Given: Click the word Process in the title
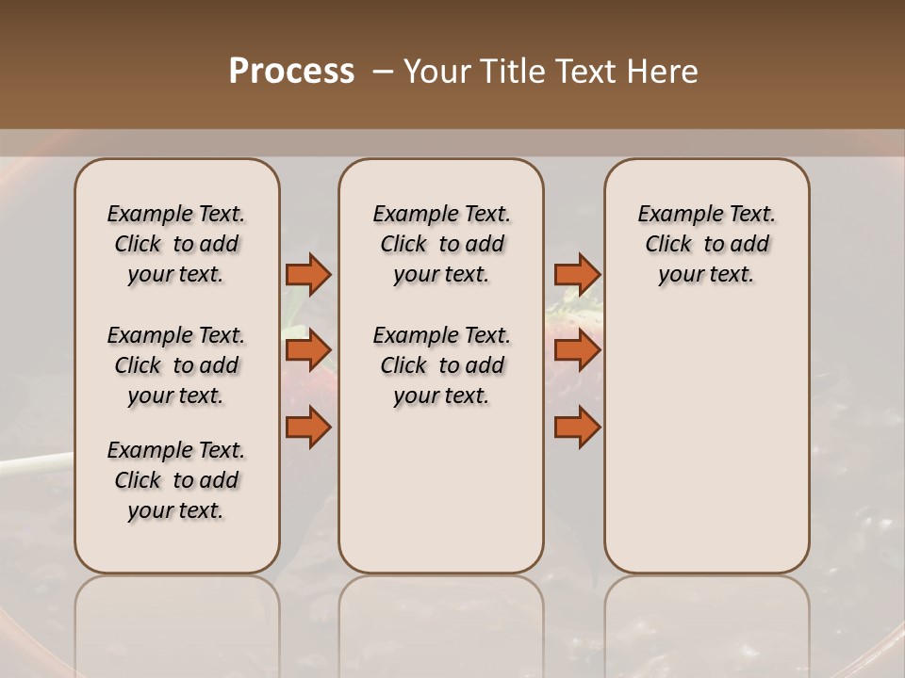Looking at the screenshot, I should coord(291,72).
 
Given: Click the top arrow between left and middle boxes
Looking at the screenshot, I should coord(308,274).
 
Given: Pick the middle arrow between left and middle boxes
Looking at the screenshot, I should coord(308,350).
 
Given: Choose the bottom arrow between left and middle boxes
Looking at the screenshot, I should coord(308,427).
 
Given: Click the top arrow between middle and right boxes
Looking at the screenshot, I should coord(577,274).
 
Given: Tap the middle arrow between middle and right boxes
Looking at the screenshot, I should coord(577,350).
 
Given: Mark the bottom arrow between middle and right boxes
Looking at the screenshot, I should coord(577,427).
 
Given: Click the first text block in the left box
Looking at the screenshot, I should coord(176,244).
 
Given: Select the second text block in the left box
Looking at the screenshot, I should coord(176,365).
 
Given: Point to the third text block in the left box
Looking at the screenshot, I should coord(176,480).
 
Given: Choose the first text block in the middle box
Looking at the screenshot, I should coord(441,244).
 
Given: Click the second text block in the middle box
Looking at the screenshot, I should coord(441,365).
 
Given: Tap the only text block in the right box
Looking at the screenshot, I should coord(706,244).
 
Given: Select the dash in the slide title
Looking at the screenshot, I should coord(383,72).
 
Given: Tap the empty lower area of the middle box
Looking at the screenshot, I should coord(441,490).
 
